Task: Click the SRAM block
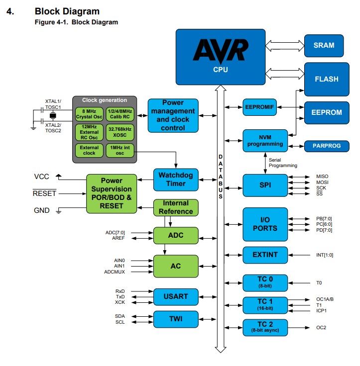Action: pyautogui.click(x=324, y=45)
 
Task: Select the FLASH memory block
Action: pyautogui.click(x=326, y=79)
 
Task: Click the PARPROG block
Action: pyautogui.click(x=326, y=146)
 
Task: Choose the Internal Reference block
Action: pyautogui.click(x=175, y=207)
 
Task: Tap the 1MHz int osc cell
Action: pyautogui.click(x=120, y=150)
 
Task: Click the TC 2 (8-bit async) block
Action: pyautogui.click(x=265, y=327)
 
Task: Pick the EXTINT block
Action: pyautogui.click(x=265, y=255)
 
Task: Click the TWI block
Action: pyautogui.click(x=175, y=319)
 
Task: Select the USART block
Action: pyautogui.click(x=175, y=296)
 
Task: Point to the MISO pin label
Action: pyautogui.click(x=322, y=177)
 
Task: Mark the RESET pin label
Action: pyautogui.click(x=45, y=193)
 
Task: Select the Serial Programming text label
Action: pyautogui.click(x=283, y=163)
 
